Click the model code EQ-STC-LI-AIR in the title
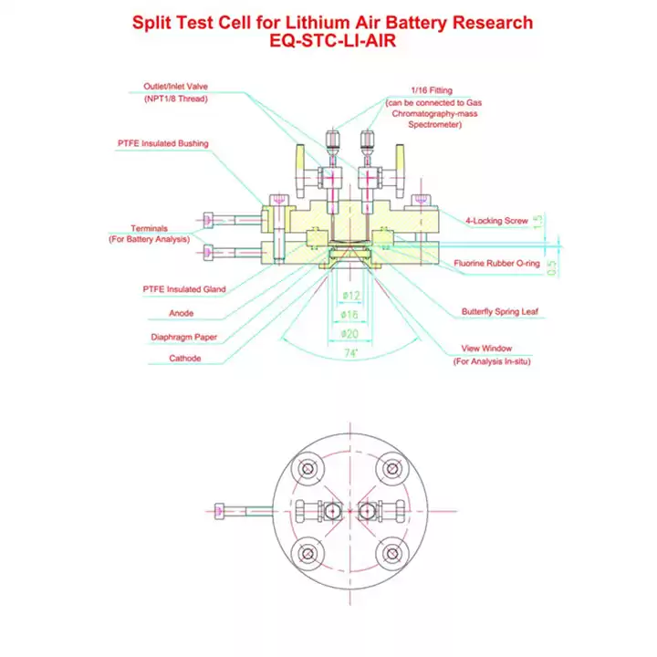[332, 41]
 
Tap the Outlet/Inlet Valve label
[175, 87]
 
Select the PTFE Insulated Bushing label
[163, 143]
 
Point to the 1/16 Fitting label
[432, 90]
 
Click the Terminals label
[149, 228]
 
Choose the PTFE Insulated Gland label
[184, 289]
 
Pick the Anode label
[181, 313]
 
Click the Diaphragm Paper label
[184, 337]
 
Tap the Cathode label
[184, 359]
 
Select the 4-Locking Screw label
[496, 221]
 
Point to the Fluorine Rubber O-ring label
[496, 263]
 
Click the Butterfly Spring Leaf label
[500, 311]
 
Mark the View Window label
[486, 349]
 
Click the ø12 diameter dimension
[351, 296]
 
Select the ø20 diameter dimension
[349, 334]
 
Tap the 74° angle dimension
[351, 353]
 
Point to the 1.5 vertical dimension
[538, 221]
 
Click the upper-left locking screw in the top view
[308, 468]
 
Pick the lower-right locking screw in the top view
[392, 554]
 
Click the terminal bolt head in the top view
[219, 511]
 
